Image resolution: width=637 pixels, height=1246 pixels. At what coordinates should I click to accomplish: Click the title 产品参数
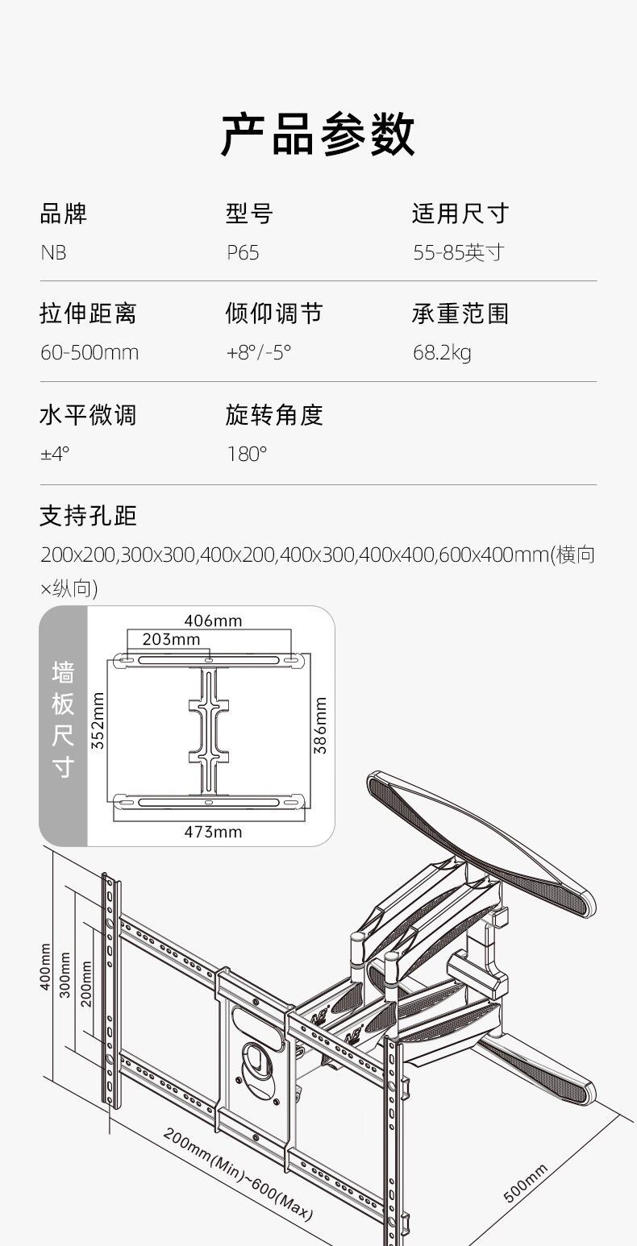tap(318, 135)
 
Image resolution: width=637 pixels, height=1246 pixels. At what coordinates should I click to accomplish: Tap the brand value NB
tap(53, 253)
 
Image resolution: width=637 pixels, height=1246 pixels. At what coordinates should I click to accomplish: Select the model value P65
tap(243, 253)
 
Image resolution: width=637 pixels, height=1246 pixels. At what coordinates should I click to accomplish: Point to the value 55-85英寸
tap(458, 253)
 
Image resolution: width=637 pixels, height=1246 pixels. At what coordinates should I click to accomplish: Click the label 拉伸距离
tap(88, 313)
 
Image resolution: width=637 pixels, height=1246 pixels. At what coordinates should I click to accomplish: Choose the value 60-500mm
tap(90, 353)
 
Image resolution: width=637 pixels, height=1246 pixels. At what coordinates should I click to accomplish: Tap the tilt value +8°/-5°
tap(259, 353)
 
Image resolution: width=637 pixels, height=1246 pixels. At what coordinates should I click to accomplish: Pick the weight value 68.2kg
tap(442, 353)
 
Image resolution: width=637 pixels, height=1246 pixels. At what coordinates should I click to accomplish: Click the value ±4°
tap(55, 454)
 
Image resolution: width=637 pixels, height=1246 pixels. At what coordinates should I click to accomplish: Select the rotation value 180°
tap(247, 454)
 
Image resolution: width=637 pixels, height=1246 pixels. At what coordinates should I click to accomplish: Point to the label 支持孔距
tap(88, 516)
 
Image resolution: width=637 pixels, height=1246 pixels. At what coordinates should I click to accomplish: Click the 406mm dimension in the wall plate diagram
tap(213, 621)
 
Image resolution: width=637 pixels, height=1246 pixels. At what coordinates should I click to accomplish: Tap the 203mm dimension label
tap(171, 639)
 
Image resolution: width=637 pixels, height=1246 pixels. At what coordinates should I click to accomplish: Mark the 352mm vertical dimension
tap(98, 721)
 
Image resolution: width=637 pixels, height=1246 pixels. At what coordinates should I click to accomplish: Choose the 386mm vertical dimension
tap(320, 725)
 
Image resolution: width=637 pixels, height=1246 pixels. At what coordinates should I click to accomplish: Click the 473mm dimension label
tap(213, 832)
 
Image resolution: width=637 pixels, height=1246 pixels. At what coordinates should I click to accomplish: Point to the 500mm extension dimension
tap(526, 1182)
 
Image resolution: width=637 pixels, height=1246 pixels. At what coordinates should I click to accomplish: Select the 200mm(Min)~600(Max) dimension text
tap(238, 1176)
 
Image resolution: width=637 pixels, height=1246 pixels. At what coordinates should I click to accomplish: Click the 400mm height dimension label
tap(45, 966)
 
